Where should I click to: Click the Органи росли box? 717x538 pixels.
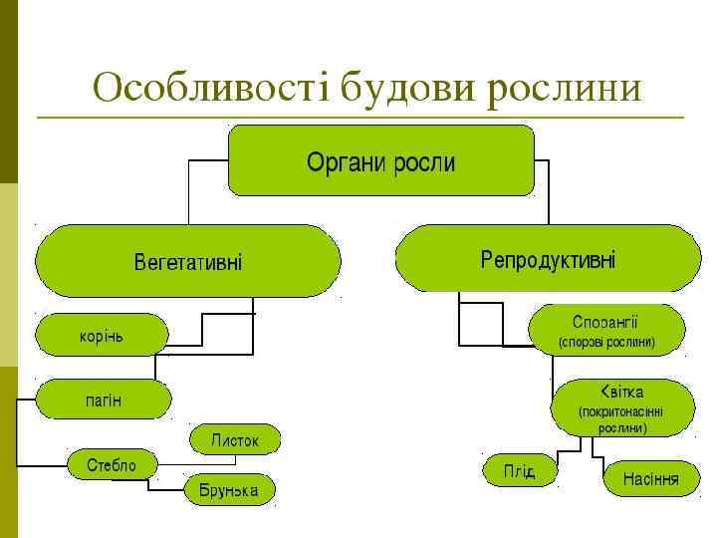pos(381,160)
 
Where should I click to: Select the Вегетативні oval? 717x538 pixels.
pos(188,261)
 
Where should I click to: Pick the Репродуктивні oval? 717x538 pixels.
pos(548,259)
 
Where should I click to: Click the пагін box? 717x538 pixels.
pos(104,400)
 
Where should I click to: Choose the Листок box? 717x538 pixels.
pos(235,439)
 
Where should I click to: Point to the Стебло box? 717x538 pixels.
pos(114,464)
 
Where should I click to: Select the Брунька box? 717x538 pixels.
pos(229,490)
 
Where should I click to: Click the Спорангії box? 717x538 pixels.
pos(605,330)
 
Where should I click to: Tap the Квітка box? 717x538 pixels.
pos(621,406)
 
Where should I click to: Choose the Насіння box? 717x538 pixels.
pos(651,478)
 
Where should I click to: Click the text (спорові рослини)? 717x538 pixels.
pos(605,342)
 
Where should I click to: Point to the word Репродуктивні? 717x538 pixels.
pos(548,260)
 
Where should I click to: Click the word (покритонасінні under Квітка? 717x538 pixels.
pos(621,411)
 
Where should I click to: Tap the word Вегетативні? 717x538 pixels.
pos(188,262)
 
